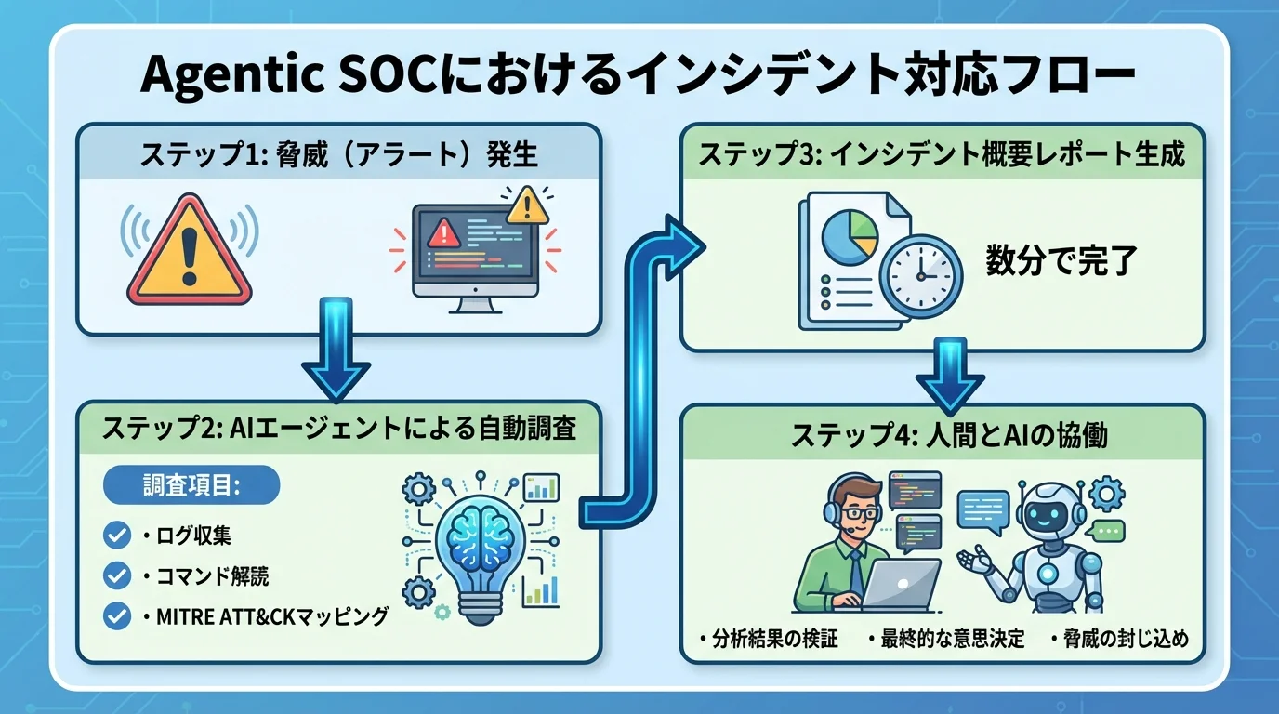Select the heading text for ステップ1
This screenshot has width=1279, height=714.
pos(338,154)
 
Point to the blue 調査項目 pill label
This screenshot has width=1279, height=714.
pos(191,485)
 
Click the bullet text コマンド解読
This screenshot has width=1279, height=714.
pos(206,576)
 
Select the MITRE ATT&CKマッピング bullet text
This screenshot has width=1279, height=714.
pos(265,616)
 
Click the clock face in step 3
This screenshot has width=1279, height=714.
pos(921,277)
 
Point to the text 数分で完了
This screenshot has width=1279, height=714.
pos(1061,261)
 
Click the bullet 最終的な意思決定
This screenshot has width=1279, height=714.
pos(945,640)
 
